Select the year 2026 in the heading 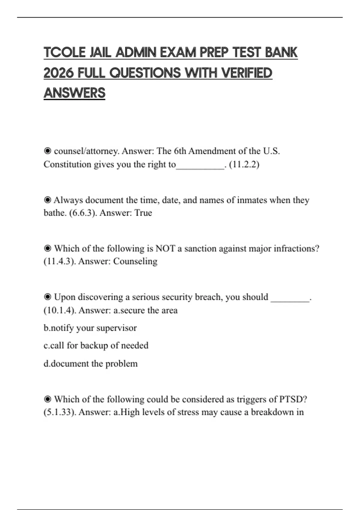tap(58, 73)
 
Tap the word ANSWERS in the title tap(74, 93)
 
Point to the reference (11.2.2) tap(244, 164)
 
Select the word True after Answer tap(143, 213)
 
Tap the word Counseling tap(135, 261)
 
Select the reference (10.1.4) tap(60, 310)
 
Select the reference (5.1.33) tap(60, 412)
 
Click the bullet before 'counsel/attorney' tap(47, 151)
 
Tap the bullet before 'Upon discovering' tap(47, 297)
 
